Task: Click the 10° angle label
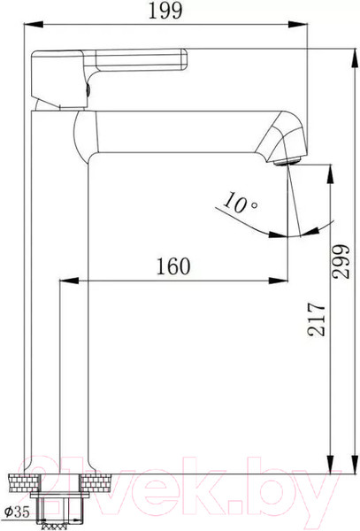pos(241,204)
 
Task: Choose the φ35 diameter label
pos(17,511)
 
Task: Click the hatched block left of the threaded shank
pos(25,484)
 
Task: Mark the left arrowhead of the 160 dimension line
pos(63,281)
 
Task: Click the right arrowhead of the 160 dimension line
pos(283,281)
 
